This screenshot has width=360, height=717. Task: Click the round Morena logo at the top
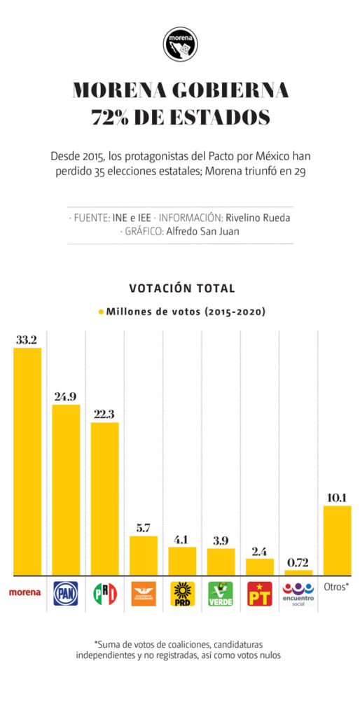(x=181, y=44)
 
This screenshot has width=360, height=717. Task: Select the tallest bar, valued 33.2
(x=27, y=461)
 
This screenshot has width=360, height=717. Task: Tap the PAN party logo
(x=66, y=593)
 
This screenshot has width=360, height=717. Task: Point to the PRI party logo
(x=105, y=594)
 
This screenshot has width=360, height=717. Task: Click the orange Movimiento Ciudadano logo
(x=144, y=594)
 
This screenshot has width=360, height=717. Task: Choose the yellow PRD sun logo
(x=182, y=594)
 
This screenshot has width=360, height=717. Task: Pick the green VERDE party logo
(x=221, y=594)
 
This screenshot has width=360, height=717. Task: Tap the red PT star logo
(x=259, y=594)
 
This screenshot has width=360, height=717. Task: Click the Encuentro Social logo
(x=298, y=594)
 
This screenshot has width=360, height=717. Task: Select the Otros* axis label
(x=337, y=587)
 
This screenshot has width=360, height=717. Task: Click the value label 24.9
(x=65, y=396)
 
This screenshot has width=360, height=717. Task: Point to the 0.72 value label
(x=298, y=563)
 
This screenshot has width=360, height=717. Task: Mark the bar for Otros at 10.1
(x=337, y=541)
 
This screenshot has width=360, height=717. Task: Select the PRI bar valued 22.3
(x=105, y=499)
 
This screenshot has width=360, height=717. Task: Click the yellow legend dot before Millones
(x=101, y=312)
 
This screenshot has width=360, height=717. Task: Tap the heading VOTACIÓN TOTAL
(x=182, y=288)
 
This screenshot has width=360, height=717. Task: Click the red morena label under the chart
(x=25, y=592)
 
